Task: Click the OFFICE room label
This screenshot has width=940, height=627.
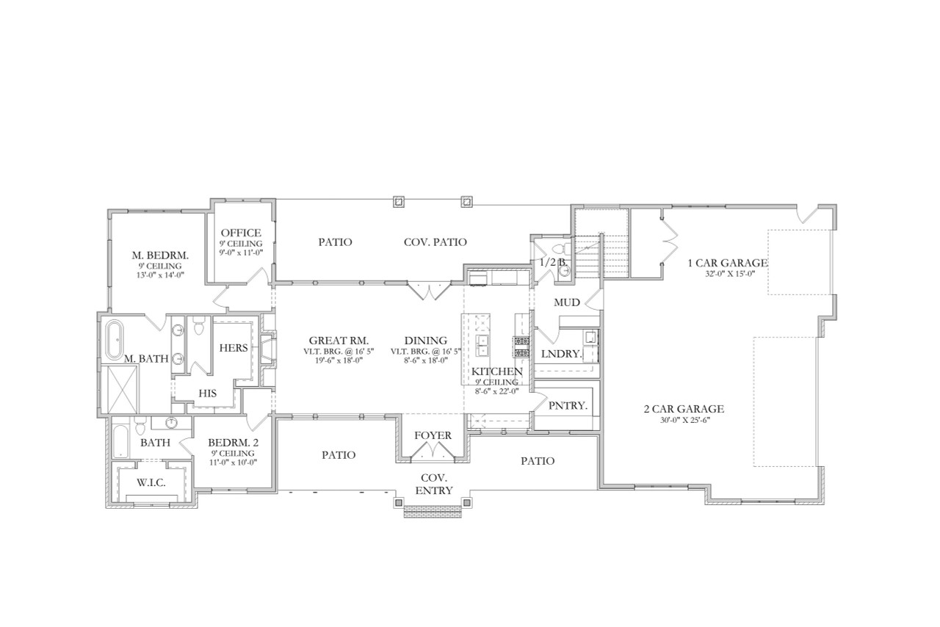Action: tap(241, 233)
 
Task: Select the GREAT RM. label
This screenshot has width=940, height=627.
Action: tap(338, 340)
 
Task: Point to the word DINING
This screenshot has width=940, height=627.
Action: tap(426, 340)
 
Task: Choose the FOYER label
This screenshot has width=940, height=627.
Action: tap(433, 435)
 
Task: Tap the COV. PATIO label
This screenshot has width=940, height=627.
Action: tap(435, 242)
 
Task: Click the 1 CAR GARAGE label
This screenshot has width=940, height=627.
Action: tap(727, 263)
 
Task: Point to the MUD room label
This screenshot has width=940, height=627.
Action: tap(567, 302)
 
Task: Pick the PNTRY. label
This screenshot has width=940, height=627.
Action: tap(564, 405)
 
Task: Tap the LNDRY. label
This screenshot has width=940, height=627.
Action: tap(561, 354)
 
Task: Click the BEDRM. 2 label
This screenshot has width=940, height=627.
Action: tap(233, 443)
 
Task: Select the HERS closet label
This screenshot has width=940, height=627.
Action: tap(234, 348)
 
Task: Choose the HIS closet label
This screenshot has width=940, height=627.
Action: tap(207, 394)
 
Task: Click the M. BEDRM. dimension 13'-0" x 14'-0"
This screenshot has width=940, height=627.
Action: tap(160, 275)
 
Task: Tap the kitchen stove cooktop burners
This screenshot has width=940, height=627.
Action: tap(521, 347)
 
